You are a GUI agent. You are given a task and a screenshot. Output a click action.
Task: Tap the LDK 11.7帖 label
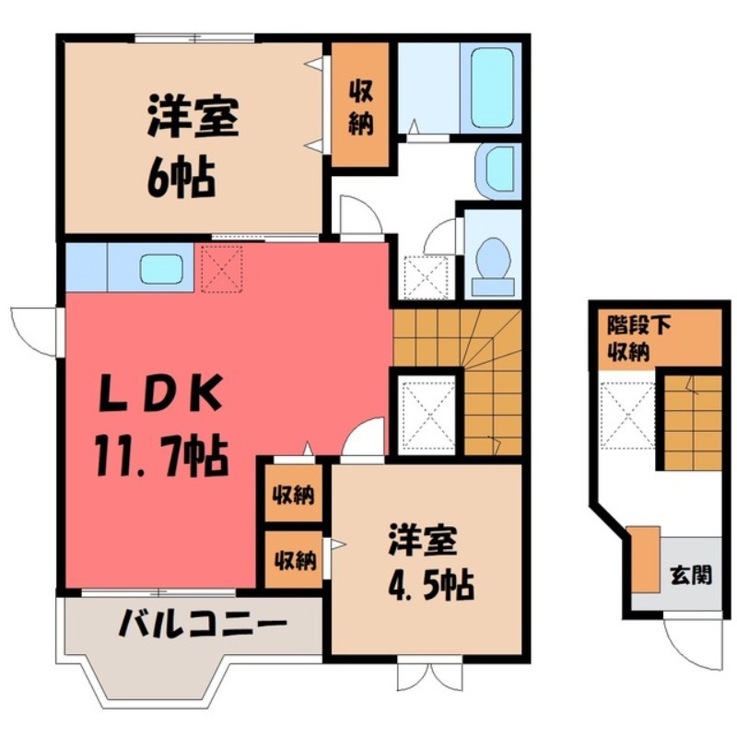click(x=159, y=427)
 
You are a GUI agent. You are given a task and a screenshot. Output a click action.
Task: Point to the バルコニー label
click(x=202, y=627)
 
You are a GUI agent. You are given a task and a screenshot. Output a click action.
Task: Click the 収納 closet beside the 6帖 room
click(x=360, y=107)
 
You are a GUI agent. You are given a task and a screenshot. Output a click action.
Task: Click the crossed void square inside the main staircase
click(x=424, y=409)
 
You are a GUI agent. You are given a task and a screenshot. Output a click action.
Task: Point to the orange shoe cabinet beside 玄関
click(x=646, y=557)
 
